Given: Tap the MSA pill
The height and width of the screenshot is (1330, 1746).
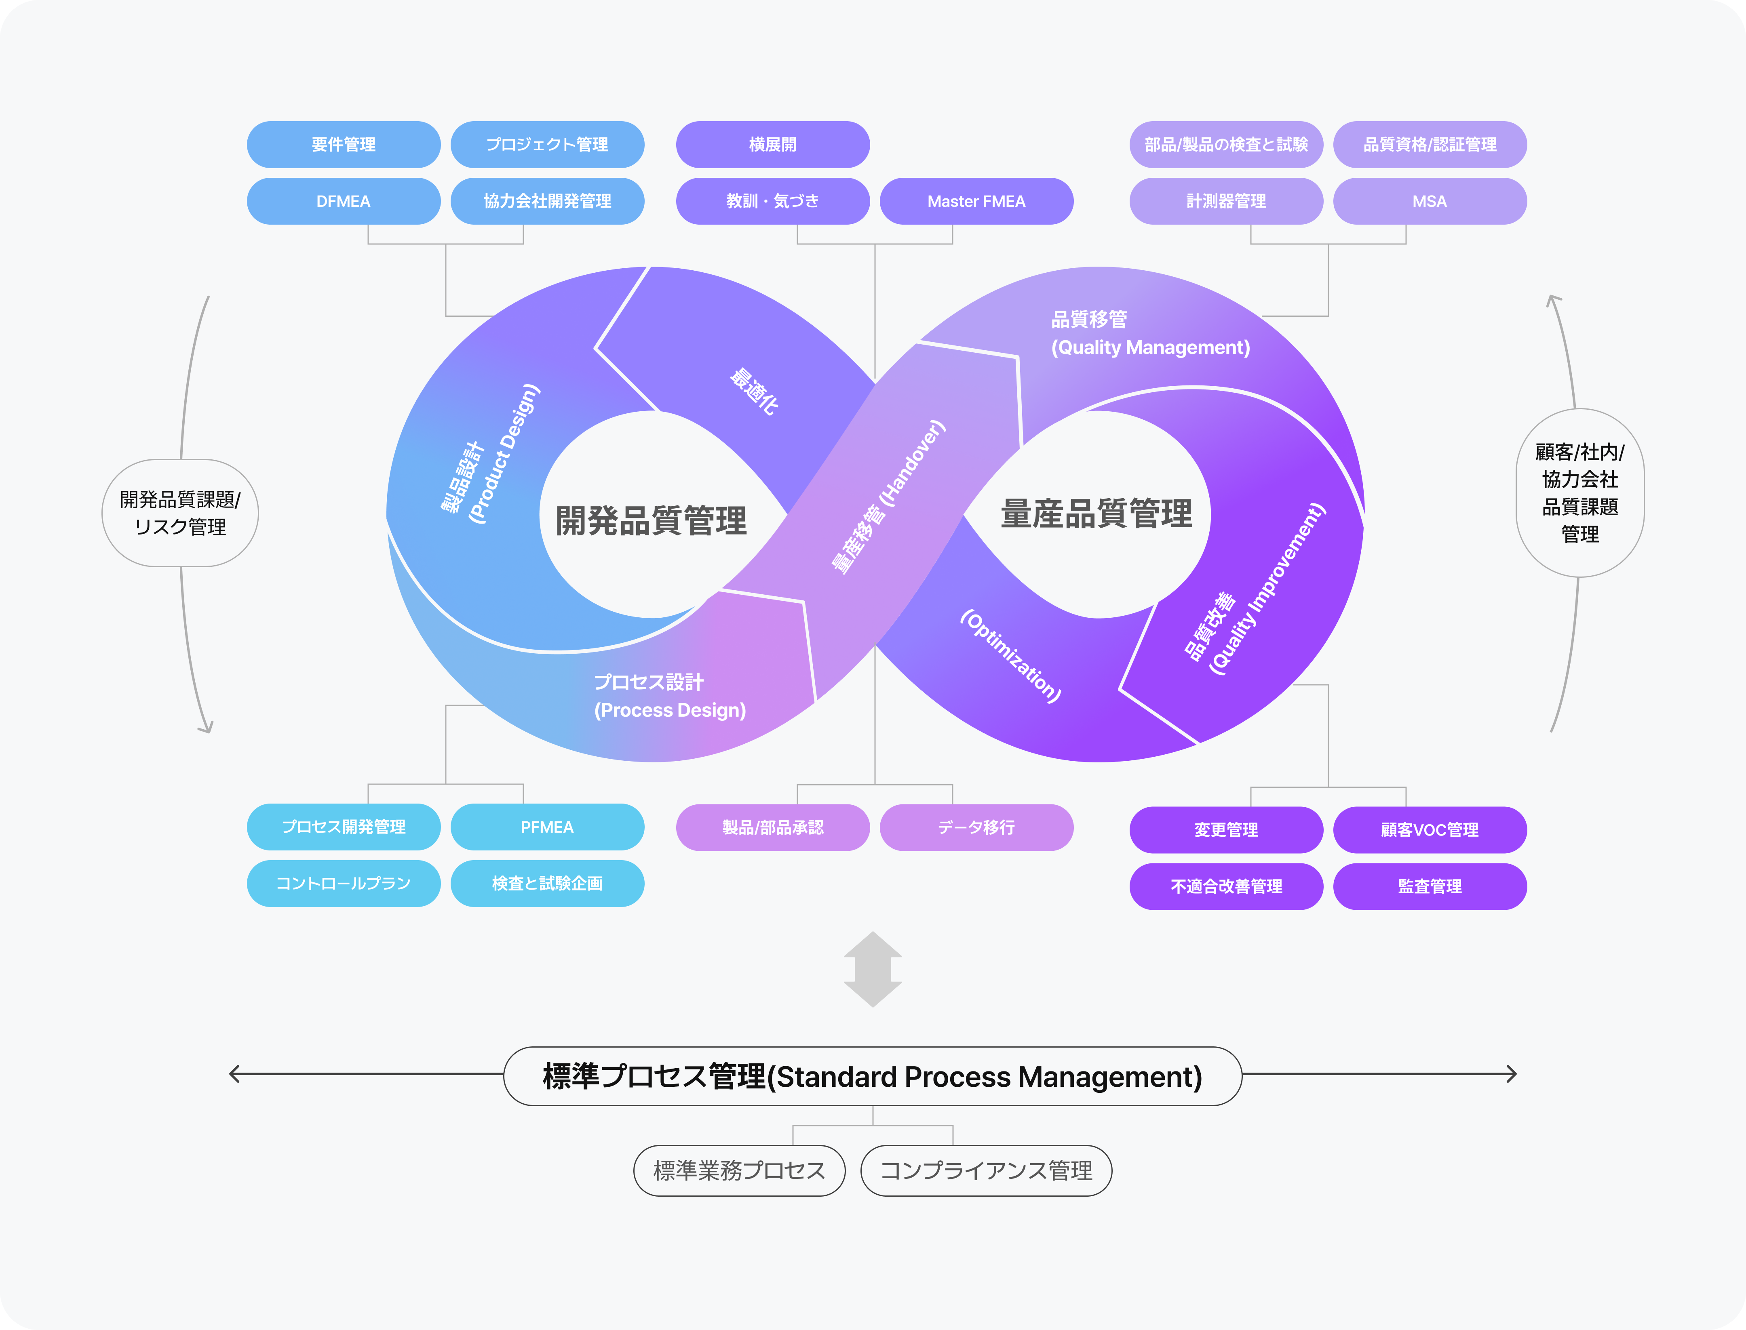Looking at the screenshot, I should tap(1429, 201).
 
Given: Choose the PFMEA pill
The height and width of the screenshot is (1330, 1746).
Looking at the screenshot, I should tap(546, 827).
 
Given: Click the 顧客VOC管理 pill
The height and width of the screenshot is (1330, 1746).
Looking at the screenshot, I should tap(1429, 830).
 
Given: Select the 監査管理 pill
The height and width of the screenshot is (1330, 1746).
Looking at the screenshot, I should tap(1429, 886).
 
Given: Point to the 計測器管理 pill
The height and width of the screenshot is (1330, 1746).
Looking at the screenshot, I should tap(1226, 201).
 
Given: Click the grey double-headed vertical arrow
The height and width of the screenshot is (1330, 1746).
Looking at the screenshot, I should tap(873, 969).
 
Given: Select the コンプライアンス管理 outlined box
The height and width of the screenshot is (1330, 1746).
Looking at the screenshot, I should tap(986, 1170).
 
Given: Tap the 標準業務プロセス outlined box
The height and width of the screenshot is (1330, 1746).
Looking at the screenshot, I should tap(739, 1170).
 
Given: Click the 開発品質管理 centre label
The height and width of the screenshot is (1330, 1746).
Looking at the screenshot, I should tap(651, 520).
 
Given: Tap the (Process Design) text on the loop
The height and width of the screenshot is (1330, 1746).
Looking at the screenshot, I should tap(670, 710).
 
